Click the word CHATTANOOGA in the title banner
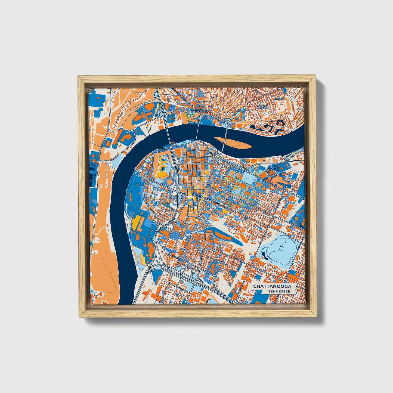click(x=272, y=286)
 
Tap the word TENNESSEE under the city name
click(x=278, y=292)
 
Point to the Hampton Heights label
click(x=262, y=107)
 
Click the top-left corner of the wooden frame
click(x=79, y=77)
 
